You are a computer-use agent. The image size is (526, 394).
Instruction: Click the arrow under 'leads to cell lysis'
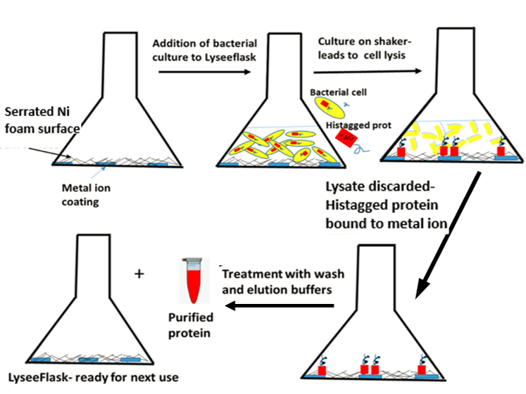[x=370, y=70]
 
